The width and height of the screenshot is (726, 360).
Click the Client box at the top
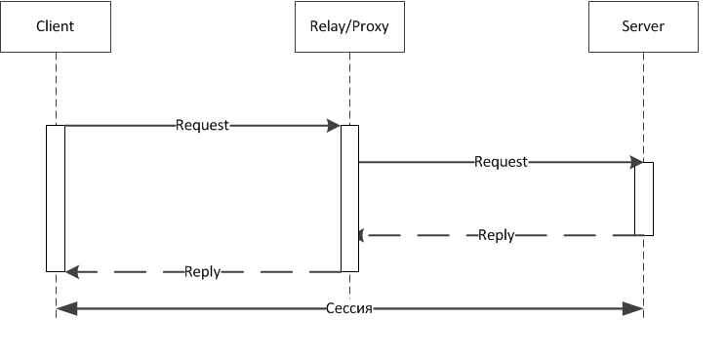tap(56, 26)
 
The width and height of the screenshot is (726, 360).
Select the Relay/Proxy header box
tap(349, 26)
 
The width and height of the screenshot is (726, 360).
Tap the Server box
tap(643, 26)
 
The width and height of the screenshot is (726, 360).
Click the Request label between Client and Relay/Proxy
tap(202, 125)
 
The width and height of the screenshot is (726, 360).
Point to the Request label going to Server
tap(501, 162)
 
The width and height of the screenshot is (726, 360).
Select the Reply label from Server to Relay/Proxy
tap(496, 235)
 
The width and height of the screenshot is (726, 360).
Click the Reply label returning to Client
tap(202, 272)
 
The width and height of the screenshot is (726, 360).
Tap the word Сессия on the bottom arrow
tap(349, 308)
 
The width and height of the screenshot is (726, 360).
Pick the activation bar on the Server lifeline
tap(643, 198)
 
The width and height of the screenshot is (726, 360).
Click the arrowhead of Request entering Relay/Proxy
tap(334, 125)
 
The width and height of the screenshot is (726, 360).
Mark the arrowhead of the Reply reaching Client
tap(72, 272)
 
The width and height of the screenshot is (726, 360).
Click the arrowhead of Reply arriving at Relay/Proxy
tap(362, 235)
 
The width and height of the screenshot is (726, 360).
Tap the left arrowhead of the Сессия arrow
tap(63, 308)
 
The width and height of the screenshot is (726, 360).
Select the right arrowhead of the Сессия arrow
tap(635, 308)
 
